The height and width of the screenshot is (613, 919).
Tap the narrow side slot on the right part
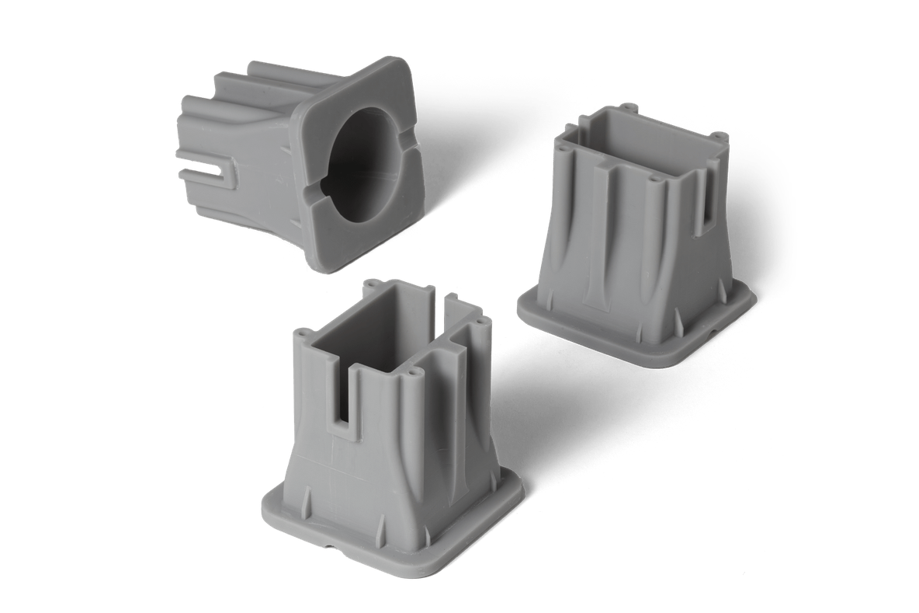pos(708,194)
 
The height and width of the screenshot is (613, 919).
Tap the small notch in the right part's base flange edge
pos(711,329)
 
